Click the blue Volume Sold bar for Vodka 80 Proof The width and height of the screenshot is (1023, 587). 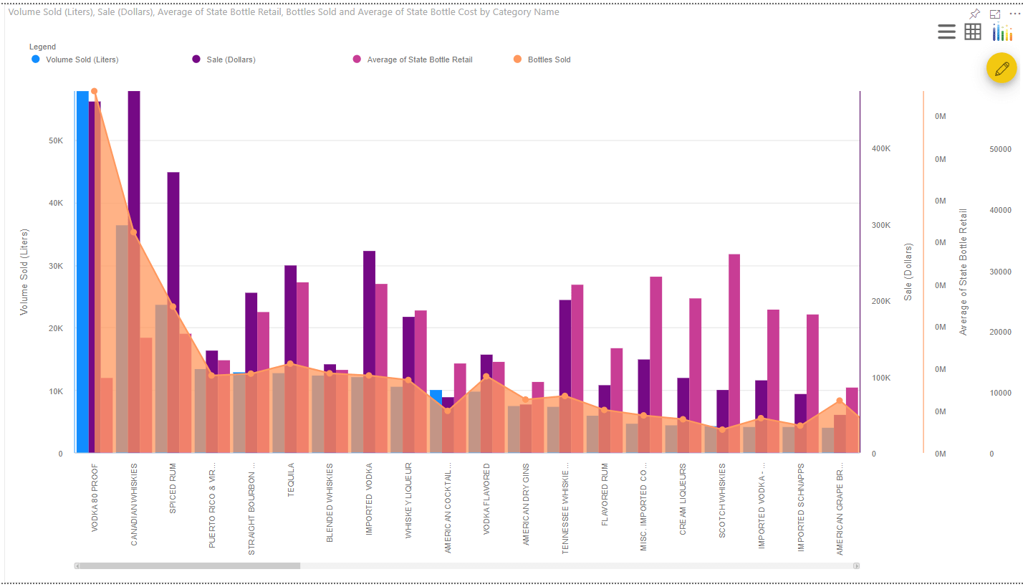[x=82, y=272]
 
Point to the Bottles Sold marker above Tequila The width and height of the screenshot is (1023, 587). [x=290, y=364]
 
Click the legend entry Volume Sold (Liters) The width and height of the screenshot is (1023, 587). [x=82, y=59]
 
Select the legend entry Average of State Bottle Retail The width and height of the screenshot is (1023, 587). [x=419, y=59]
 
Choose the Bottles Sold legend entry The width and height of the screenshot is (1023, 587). [x=549, y=59]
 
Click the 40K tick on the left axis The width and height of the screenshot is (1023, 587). [x=56, y=203]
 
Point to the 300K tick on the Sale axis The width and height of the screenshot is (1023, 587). [x=880, y=225]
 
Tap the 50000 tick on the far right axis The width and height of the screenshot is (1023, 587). [x=1000, y=149]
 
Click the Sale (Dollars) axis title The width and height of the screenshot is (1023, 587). [x=908, y=272]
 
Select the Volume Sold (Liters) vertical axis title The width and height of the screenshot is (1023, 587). [x=24, y=272]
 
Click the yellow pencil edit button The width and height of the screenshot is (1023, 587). [x=1001, y=68]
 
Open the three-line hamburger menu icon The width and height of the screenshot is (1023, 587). [x=946, y=32]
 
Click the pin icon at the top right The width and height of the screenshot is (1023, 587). [x=974, y=14]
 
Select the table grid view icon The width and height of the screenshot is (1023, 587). [x=973, y=32]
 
